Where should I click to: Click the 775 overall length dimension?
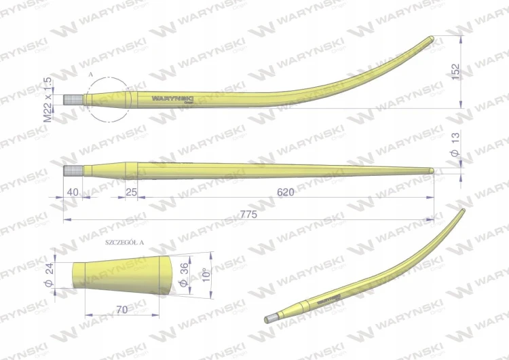pyautogui.click(x=248, y=215)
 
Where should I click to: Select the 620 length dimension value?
pyautogui.click(x=286, y=192)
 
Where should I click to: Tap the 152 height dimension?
pyautogui.click(x=456, y=72)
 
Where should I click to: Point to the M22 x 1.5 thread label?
pyautogui.click(x=48, y=100)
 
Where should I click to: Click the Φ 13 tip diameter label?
pyautogui.click(x=455, y=145)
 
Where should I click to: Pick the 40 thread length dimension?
pyautogui.click(x=73, y=192)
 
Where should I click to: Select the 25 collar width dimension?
pyautogui.click(x=131, y=192)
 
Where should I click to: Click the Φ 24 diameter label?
pyautogui.click(x=49, y=275)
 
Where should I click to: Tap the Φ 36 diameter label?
pyautogui.click(x=184, y=275)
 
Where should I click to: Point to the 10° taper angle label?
pyautogui.click(x=206, y=275)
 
